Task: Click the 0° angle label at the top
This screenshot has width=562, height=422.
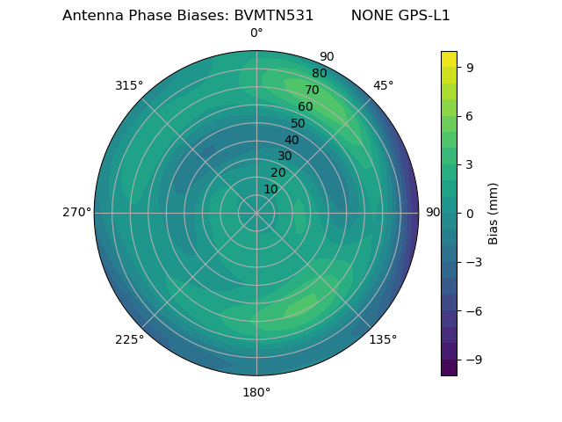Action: [x=256, y=33]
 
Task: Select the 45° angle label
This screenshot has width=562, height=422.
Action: [x=383, y=86]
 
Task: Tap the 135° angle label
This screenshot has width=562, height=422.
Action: [x=383, y=339]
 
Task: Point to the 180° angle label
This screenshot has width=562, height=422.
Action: [x=256, y=392]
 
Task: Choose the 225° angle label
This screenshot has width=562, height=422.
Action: [x=129, y=339]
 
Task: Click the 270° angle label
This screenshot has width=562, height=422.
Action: [x=77, y=213]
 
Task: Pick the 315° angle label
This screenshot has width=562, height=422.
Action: [x=129, y=86]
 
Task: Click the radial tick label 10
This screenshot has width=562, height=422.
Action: [x=270, y=189]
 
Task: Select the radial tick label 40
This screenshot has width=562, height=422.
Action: [x=292, y=140]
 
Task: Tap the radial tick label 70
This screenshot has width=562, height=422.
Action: [x=312, y=90]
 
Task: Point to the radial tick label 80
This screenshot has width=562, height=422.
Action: [x=319, y=73]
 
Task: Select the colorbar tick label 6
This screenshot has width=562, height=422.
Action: [x=469, y=115]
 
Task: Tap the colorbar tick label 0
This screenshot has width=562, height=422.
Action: [x=469, y=213]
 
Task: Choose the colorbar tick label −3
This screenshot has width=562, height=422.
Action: [x=472, y=262]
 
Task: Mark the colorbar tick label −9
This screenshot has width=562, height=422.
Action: [x=472, y=360]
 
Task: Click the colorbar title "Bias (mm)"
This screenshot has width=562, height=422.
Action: [x=494, y=213]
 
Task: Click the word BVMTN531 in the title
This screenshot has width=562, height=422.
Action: [x=273, y=16]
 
